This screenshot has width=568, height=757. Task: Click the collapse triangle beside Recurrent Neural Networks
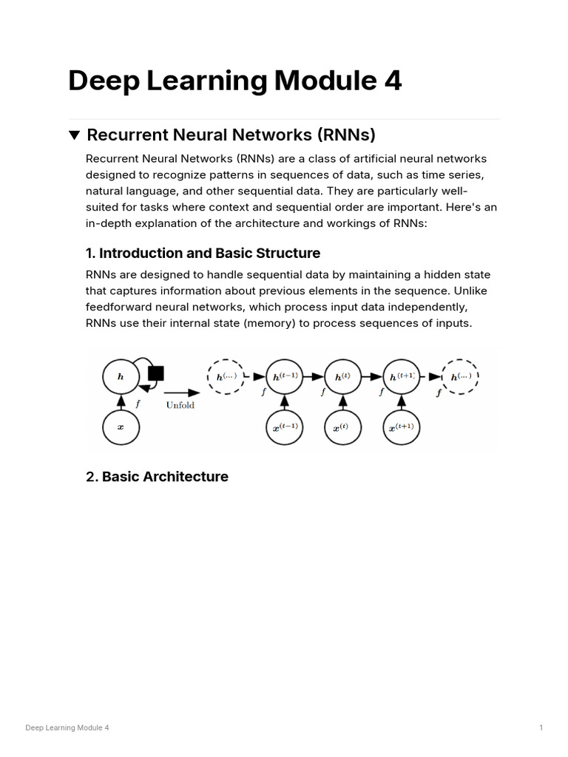point(74,135)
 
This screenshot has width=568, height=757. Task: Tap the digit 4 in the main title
point(392,81)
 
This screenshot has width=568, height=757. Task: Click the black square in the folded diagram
point(155,373)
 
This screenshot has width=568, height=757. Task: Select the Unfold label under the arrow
point(180,405)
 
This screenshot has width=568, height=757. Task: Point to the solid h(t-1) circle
point(285,376)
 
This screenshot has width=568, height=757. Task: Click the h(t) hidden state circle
point(342,376)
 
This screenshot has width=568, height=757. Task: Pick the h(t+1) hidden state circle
point(402,376)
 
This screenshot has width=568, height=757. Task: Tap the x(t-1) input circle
point(285,427)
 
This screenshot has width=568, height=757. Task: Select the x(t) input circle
point(342,427)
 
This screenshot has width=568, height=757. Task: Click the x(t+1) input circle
point(402,427)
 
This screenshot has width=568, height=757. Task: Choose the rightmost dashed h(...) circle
point(460,376)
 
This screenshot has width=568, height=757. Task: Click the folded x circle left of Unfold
point(121,427)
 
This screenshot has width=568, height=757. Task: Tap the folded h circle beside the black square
point(121,376)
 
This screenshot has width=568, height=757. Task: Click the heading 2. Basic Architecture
point(157,477)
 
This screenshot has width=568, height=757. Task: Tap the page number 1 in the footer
point(541,728)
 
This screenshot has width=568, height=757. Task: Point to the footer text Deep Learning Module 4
point(67,728)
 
